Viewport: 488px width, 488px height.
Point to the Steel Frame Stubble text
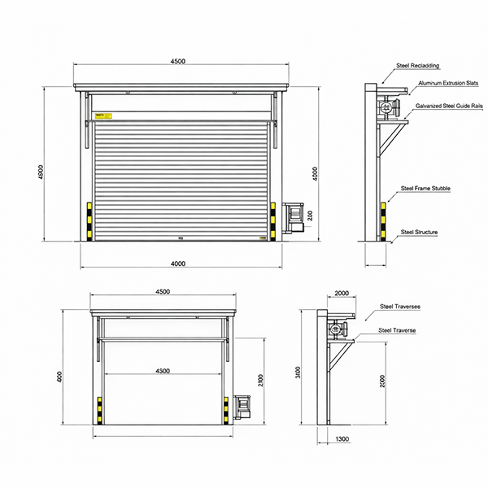(425, 188)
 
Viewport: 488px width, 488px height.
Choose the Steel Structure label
(420, 233)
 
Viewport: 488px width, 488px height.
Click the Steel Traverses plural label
(399, 307)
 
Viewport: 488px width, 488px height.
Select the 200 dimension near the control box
(309, 216)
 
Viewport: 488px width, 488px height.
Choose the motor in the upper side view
(386, 107)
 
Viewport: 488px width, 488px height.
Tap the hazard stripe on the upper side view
(381, 220)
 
